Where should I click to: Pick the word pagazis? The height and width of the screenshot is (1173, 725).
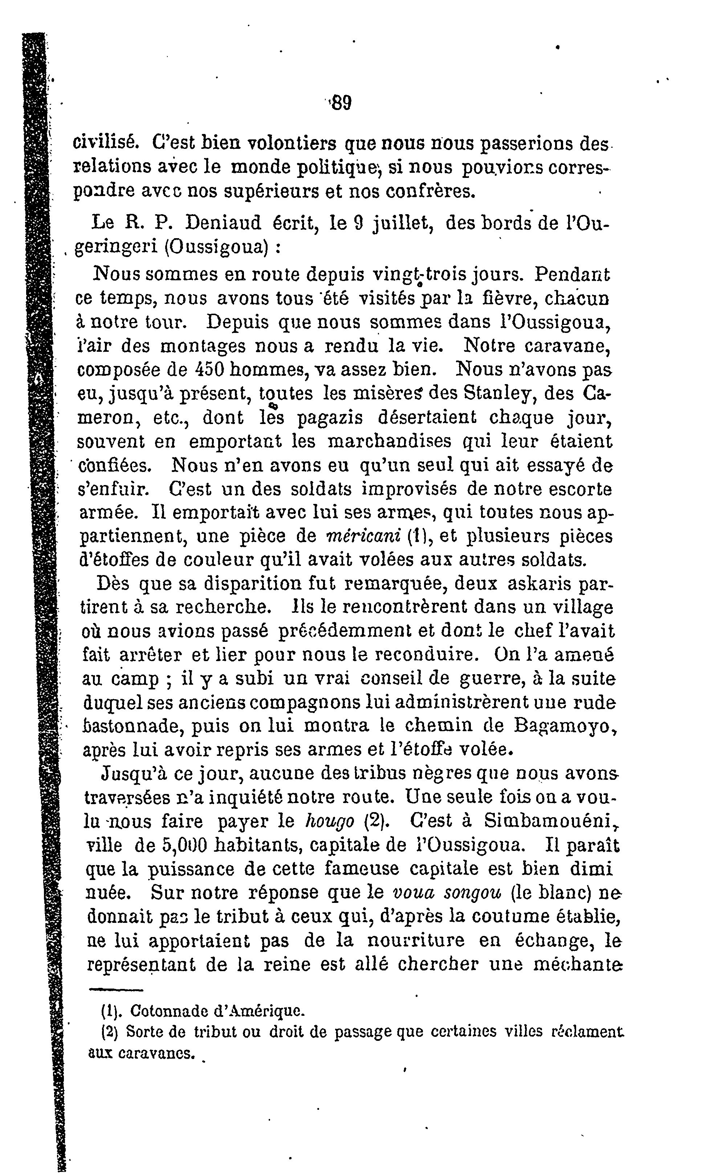[330, 418]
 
